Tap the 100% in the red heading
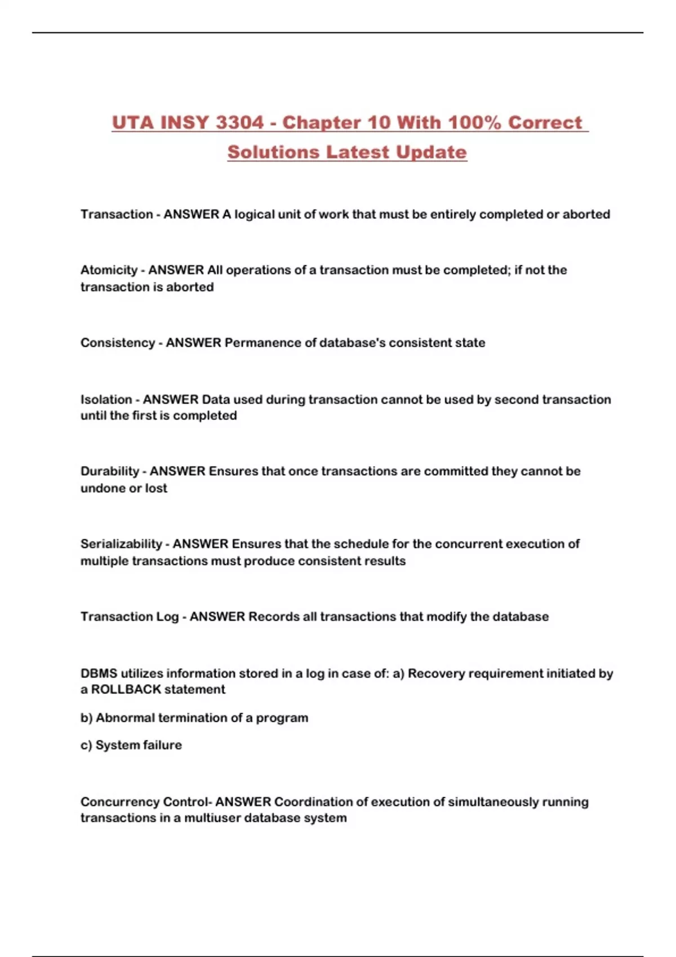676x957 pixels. point(474,123)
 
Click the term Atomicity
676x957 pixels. point(109,270)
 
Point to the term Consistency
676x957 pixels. point(117,343)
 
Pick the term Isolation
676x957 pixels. point(106,400)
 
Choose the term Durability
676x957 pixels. point(110,471)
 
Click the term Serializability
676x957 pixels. point(121,544)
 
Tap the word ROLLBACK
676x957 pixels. point(126,690)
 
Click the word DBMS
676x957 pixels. point(99,673)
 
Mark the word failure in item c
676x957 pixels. point(160,745)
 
